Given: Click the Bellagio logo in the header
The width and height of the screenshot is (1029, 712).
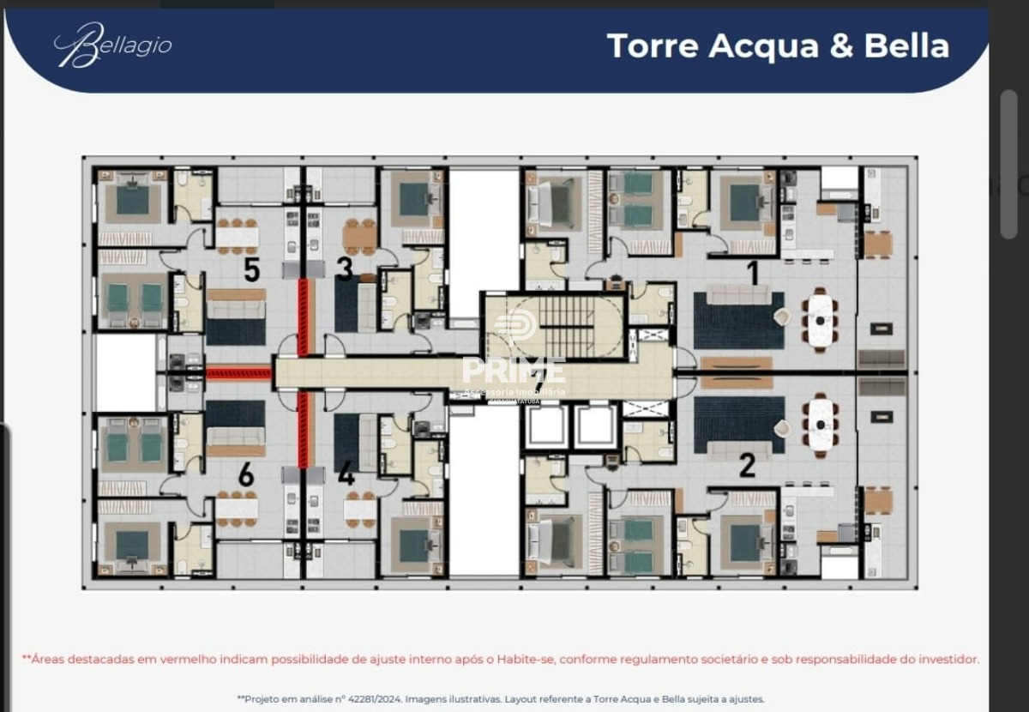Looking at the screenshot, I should [113, 45].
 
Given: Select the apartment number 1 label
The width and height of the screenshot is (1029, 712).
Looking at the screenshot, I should [753, 273].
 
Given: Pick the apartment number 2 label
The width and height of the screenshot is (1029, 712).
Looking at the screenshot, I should [747, 466].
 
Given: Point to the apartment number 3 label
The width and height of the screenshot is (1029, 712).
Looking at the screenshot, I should [345, 269].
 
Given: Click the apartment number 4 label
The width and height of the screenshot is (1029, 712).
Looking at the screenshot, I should [346, 474].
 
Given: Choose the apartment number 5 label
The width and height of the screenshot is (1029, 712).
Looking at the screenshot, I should [251, 270].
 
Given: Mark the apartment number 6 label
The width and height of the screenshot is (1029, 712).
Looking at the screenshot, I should [246, 474].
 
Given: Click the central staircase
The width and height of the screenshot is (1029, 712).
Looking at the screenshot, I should [566, 326].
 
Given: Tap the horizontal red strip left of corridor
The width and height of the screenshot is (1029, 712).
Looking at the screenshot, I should [238, 372].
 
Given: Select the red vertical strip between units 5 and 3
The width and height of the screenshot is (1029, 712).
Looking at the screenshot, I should [302, 317].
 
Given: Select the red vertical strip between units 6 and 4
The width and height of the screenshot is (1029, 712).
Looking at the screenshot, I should [302, 429].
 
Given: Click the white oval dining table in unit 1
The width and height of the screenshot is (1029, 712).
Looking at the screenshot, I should [821, 320].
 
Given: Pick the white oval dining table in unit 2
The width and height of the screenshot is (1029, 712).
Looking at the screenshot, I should [821, 425].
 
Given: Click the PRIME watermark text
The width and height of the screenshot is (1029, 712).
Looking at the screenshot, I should [514, 371].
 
